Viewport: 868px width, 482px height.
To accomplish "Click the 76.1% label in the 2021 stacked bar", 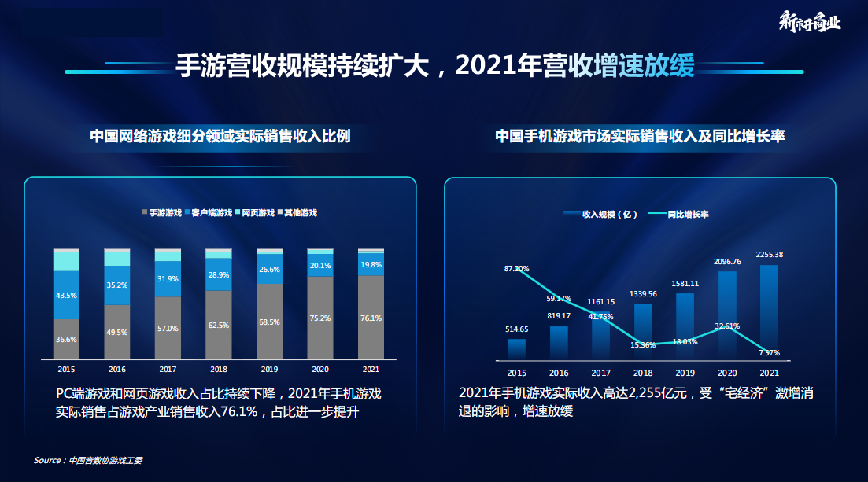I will tap(371, 318).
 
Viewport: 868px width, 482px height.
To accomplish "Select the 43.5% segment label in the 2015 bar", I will tap(67, 295).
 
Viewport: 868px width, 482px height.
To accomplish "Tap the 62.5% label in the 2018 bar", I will tap(219, 324).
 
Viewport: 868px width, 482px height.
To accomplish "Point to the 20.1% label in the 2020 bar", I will tap(320, 266).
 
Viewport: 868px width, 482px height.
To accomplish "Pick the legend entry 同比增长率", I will tap(684, 214).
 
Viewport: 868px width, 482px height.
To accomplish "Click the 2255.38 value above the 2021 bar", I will tap(769, 255).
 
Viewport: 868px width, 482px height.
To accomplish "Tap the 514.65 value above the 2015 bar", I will tap(516, 329).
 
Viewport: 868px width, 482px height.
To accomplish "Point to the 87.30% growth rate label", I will tap(516, 269).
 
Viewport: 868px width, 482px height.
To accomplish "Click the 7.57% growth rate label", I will tap(769, 353).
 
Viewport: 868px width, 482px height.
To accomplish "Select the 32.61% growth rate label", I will tap(726, 326).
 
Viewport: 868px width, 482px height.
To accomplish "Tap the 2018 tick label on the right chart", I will tap(643, 373).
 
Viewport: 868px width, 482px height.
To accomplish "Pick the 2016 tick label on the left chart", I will tap(117, 368).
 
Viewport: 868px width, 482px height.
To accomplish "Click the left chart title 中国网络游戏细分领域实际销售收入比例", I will tap(220, 137).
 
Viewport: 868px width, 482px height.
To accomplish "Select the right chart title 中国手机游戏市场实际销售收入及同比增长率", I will tap(640, 137).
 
